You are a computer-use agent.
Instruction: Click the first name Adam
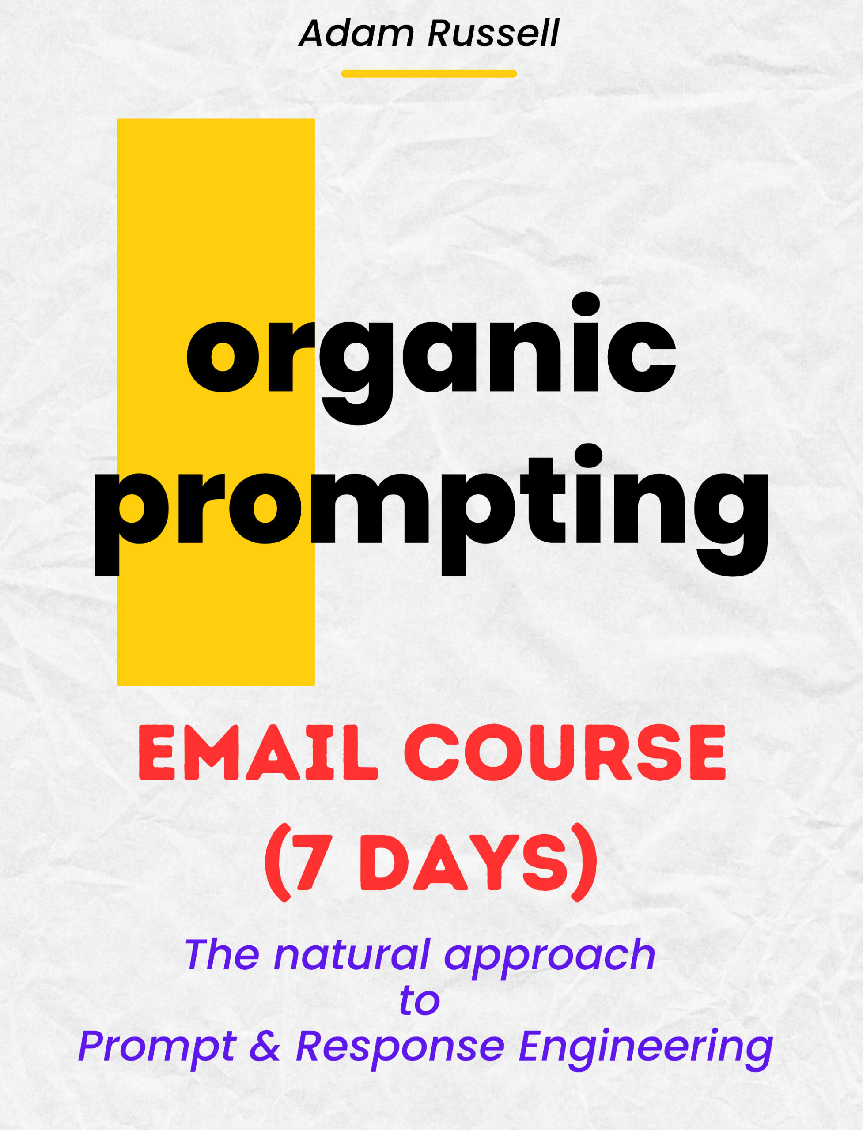[x=356, y=34]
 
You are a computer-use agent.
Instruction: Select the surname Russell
[x=493, y=34]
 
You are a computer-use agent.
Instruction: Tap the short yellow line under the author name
[x=429, y=73]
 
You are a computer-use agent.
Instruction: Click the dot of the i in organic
[x=586, y=305]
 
